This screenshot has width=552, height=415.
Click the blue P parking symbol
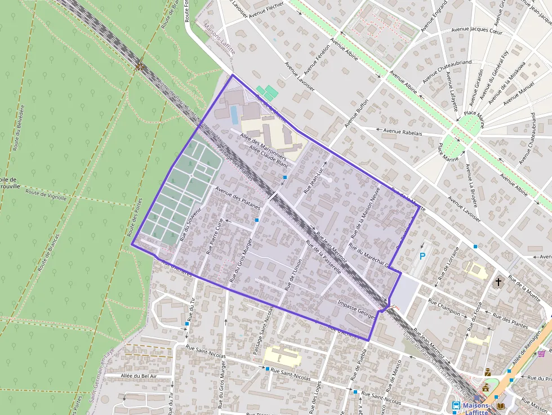coord(422,256)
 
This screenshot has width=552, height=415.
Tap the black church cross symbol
coord(498,281)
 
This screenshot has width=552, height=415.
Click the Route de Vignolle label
coord(46,194)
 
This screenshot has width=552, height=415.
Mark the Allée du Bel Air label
coord(139,376)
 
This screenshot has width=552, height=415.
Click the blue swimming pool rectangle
coord(234,115)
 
